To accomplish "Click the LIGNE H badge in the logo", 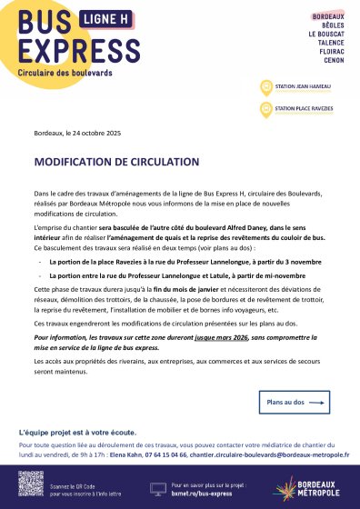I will (x=100, y=18).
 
